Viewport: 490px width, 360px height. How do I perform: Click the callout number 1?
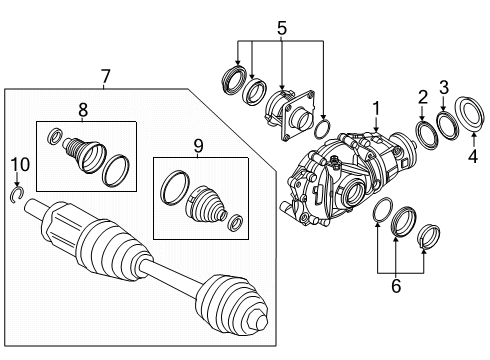(x=376, y=107)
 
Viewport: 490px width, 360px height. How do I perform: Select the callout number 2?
(x=421, y=97)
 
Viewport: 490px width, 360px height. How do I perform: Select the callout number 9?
(x=198, y=146)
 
